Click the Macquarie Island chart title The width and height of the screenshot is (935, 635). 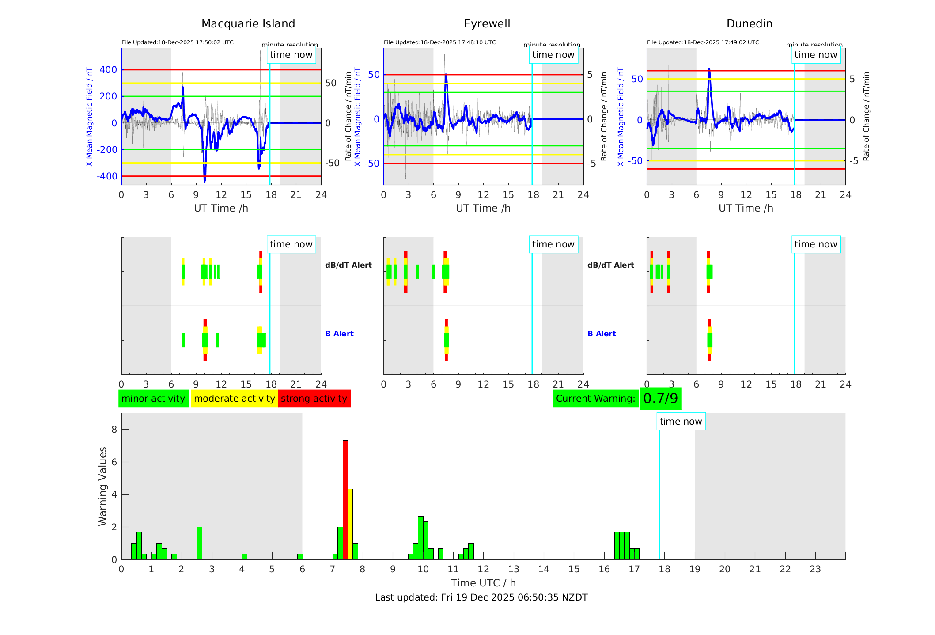click(x=248, y=24)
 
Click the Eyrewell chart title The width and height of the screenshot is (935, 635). click(x=487, y=24)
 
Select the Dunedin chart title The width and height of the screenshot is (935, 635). click(x=749, y=24)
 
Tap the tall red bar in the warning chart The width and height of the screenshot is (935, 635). click(x=345, y=499)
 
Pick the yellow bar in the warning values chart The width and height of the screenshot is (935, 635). click(x=350, y=524)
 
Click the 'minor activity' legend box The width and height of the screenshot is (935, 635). click(x=153, y=399)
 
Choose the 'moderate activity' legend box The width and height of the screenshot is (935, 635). click(x=234, y=399)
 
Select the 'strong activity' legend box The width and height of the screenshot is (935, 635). click(x=314, y=399)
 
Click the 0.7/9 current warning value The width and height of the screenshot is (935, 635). click(x=660, y=399)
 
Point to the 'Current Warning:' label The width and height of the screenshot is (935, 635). click(x=595, y=399)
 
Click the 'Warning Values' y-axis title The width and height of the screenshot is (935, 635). click(x=103, y=486)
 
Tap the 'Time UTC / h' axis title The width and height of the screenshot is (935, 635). click(x=483, y=583)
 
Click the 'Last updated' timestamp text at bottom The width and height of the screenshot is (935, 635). click(x=481, y=597)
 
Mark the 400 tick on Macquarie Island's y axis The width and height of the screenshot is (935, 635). click(x=108, y=70)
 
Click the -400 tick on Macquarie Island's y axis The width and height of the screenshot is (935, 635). click(x=107, y=176)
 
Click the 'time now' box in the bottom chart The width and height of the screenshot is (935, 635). click(x=681, y=422)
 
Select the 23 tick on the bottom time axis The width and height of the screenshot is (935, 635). click(x=815, y=569)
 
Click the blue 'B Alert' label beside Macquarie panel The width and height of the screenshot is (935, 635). click(x=339, y=334)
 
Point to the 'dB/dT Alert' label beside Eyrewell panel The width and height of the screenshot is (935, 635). click(x=610, y=265)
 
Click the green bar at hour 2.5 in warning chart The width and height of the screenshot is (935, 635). click(x=199, y=543)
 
